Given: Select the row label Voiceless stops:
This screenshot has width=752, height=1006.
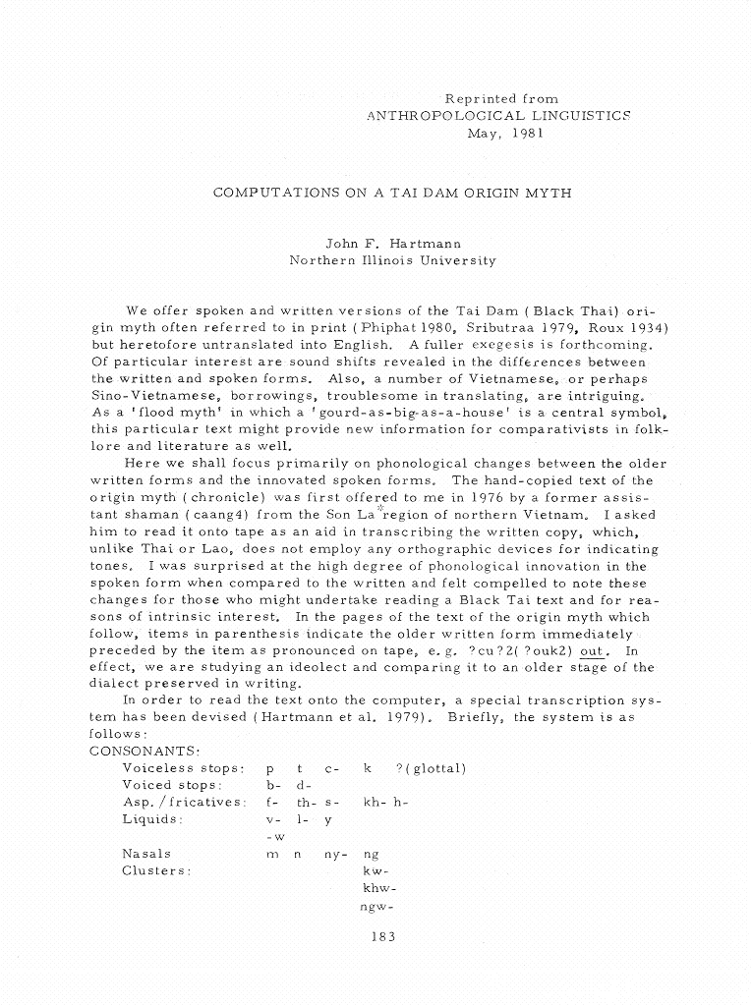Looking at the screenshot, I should click(183, 768).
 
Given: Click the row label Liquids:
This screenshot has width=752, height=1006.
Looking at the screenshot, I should click(152, 818).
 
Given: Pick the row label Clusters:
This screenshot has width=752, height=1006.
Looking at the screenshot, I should click(155, 870).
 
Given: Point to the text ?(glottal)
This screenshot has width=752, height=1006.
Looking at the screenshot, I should click(430, 768).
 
